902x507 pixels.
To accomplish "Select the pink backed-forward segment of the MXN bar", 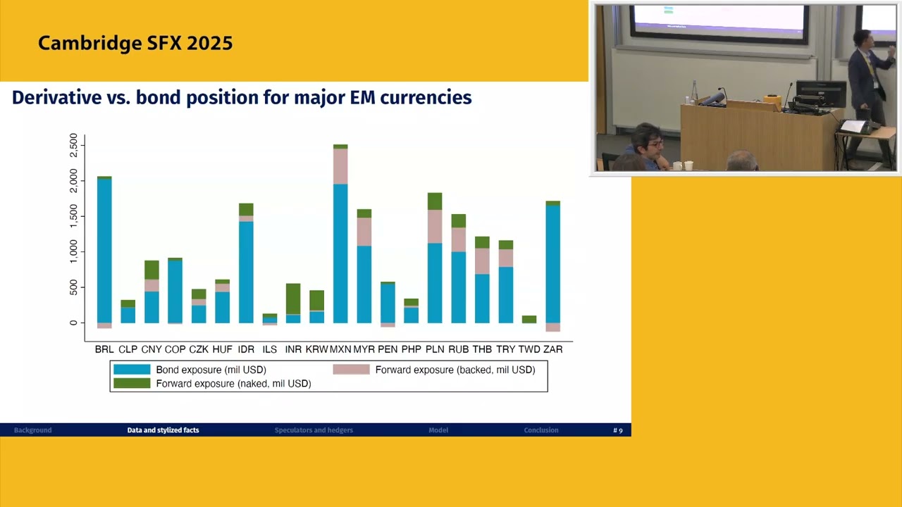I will [340, 166].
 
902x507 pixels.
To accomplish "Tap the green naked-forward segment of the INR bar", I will [293, 299].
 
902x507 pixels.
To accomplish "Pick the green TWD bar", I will [529, 319].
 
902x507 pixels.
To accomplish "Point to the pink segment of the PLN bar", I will [435, 226].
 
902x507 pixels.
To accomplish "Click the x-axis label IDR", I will [246, 349].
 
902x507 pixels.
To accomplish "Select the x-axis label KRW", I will [316, 349].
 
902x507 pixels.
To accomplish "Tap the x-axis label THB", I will [482, 349].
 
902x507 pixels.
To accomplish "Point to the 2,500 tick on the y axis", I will [74, 146].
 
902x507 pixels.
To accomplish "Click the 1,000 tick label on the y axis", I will [74, 251].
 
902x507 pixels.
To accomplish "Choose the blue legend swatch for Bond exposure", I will [132, 370].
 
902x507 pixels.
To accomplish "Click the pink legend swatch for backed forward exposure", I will [351, 370].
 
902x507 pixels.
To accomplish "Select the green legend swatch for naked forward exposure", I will [132, 384].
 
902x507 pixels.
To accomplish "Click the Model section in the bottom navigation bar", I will [438, 430].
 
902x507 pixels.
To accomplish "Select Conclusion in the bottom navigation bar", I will [541, 430].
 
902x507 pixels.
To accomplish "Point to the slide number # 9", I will [618, 430].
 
